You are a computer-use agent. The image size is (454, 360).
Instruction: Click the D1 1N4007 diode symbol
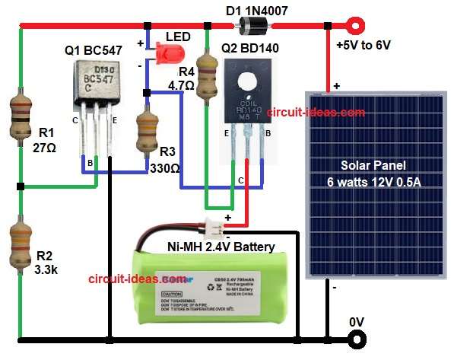251,27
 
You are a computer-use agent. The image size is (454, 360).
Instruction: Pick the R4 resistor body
205,77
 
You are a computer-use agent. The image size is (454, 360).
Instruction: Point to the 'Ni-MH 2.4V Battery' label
221,246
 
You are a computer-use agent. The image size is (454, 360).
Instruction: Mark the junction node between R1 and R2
21,186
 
